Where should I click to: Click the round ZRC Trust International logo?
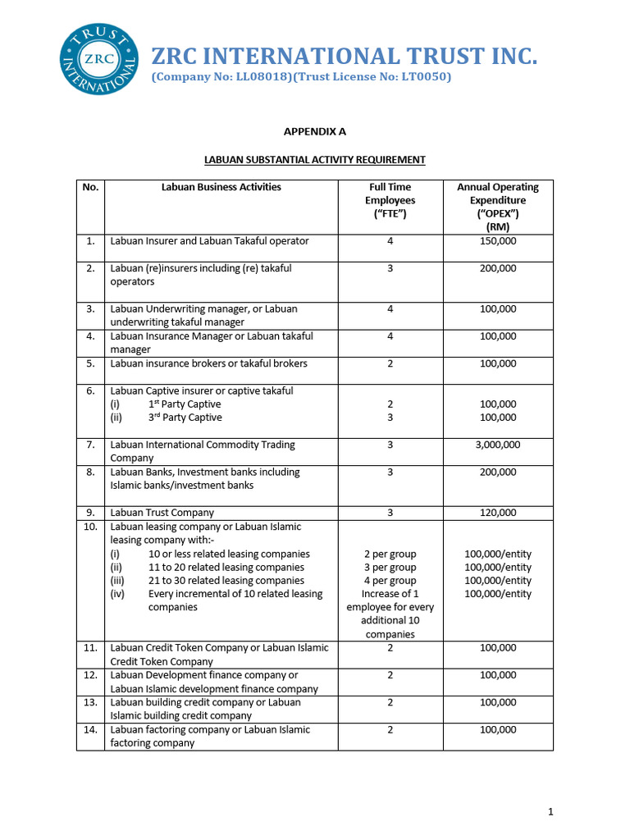[99, 59]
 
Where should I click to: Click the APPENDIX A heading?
[314, 130]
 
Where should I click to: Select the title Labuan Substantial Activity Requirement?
[314, 159]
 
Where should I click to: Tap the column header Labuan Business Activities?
[221, 187]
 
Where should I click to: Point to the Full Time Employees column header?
[390, 200]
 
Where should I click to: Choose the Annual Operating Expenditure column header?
[497, 207]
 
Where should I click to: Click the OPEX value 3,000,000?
[497, 445]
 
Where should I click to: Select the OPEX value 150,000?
[497, 241]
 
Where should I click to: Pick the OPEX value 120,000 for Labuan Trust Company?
[497, 513]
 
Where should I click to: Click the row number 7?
[90, 445]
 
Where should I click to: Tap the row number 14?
[90, 729]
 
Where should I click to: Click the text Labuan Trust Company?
[162, 513]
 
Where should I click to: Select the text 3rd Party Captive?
[185, 418]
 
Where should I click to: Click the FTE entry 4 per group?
[390, 580]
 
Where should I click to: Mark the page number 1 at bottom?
[550, 812]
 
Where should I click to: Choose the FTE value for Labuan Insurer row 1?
[390, 241]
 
